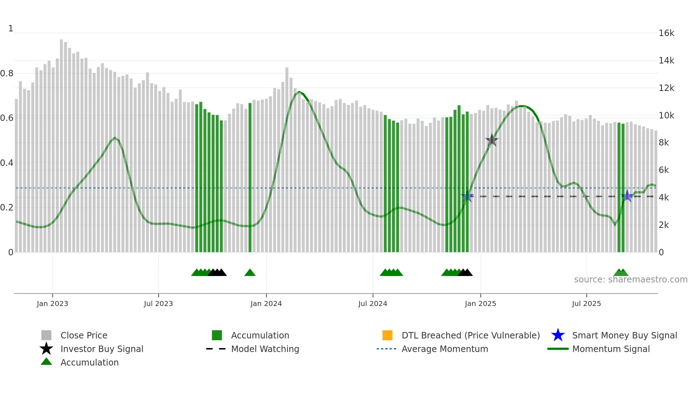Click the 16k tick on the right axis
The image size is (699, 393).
[666, 33]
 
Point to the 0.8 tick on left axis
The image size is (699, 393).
[7, 73]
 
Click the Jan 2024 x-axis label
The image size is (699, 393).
[266, 303]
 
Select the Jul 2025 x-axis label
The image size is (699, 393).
[586, 303]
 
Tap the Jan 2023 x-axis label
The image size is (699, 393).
[52, 303]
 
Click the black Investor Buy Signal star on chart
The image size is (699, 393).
[492, 140]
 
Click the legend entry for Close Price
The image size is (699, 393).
[84, 335]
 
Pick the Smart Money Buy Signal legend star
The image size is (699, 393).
[558, 335]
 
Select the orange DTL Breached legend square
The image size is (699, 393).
[387, 335]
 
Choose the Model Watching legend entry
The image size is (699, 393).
[265, 349]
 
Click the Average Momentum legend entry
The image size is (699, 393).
[445, 349]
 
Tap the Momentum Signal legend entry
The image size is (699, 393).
[611, 349]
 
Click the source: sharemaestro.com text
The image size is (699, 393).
[631, 280]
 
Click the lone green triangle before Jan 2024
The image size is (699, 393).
[250, 273]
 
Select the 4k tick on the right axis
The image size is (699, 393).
[664, 198]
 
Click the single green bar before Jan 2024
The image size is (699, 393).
[250, 178]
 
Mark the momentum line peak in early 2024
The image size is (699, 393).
[299, 92]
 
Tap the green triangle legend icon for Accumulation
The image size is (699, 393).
[46, 362]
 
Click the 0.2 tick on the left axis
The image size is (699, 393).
[7, 208]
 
